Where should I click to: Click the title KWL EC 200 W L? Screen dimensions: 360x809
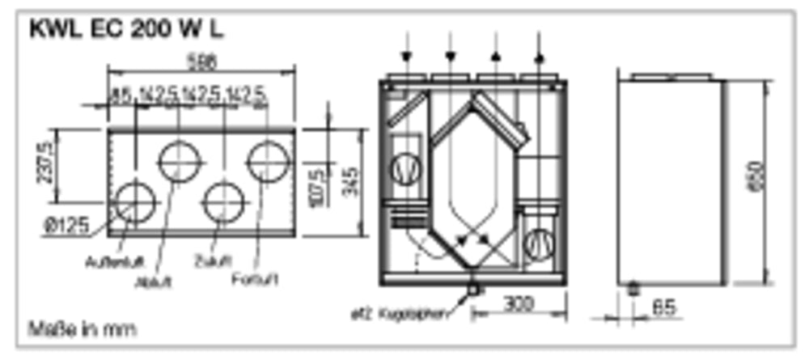126,30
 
